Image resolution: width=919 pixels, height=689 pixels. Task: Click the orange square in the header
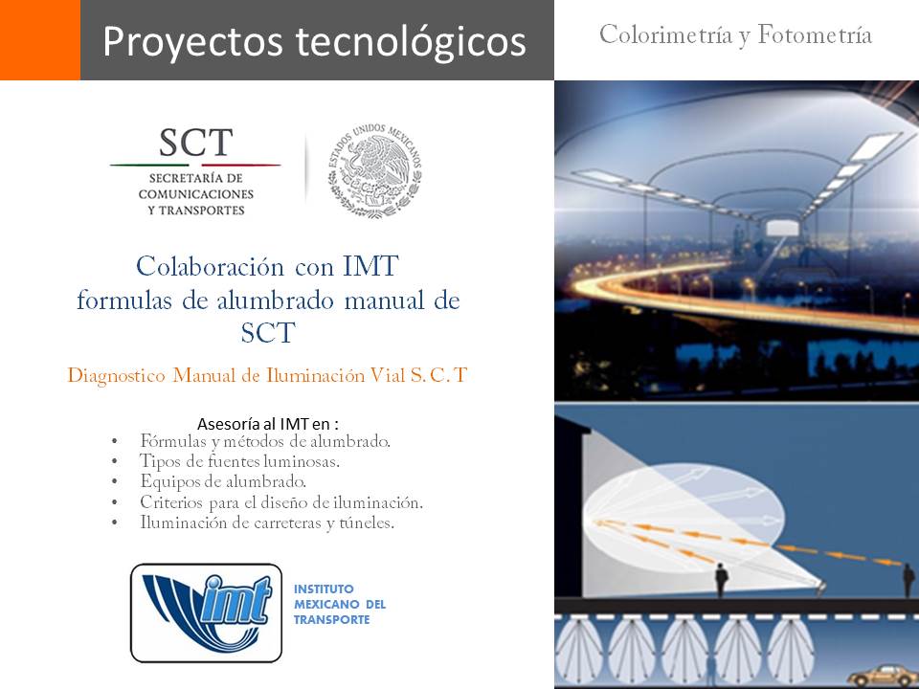coord(40,40)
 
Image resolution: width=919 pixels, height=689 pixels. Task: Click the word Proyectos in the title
coord(193,42)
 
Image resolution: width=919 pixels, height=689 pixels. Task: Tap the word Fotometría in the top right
coord(814,34)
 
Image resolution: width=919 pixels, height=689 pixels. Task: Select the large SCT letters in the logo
coord(195,143)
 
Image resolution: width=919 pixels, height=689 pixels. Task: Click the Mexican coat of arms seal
coord(374,170)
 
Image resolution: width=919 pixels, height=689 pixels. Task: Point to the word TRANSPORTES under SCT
coord(202,211)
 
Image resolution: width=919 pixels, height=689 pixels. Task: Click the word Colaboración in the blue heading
coord(211,267)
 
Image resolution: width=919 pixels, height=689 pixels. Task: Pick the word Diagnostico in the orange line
coord(117,375)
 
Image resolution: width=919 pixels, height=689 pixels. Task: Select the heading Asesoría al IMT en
coord(268,424)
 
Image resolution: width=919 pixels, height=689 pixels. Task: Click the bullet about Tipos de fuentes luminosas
coord(239,461)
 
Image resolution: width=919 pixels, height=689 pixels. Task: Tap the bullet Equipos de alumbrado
coord(223,481)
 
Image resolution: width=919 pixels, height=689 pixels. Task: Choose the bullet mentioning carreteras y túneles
coord(267,522)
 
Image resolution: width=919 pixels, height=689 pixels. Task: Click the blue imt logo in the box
coord(207,612)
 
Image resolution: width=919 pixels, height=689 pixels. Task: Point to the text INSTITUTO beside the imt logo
coord(324,589)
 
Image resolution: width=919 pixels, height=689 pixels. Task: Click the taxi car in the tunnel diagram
coord(882,676)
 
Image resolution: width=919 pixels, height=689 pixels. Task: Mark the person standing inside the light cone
coord(722,580)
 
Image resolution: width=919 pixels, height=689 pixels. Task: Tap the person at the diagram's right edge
coord(908,580)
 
